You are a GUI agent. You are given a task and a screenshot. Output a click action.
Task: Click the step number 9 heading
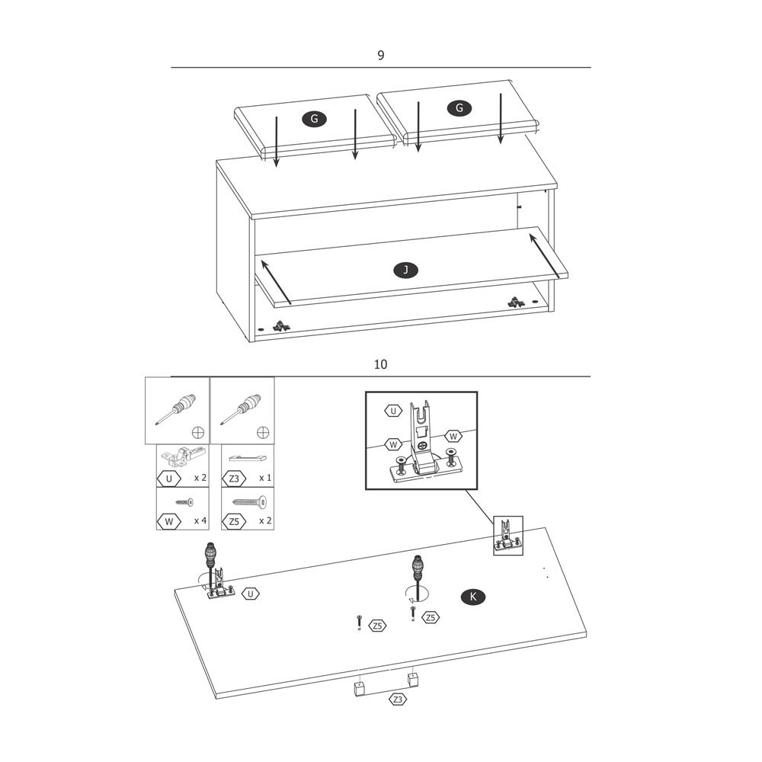pos(380,56)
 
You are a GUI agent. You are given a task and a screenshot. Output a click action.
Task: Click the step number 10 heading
pos(380,364)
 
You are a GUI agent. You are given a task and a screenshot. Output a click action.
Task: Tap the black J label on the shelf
pos(405,271)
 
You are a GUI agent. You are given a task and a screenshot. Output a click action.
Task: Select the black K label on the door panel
pos(473,597)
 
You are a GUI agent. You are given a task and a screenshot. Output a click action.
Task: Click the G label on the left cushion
pos(314,119)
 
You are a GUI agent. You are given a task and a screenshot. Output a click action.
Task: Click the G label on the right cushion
pos(459,108)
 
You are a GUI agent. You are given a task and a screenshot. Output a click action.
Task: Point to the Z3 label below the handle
pos(398,700)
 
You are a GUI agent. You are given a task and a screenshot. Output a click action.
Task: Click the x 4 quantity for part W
pos(200,520)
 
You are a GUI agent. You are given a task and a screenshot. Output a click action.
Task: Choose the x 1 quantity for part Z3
pos(265,478)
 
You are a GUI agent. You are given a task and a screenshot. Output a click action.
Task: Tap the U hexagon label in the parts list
pos(168,479)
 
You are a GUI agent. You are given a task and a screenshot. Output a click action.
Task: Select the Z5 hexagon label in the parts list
pos(234,521)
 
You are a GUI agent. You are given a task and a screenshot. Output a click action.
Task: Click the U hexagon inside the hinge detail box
pos(393,411)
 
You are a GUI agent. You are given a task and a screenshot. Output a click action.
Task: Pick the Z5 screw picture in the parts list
pos(250,501)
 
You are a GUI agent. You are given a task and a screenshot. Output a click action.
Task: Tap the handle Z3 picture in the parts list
pos(248,458)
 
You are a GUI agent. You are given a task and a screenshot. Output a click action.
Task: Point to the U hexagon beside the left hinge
pos(250,594)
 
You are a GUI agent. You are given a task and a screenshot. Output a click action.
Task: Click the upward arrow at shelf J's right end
pos(544,257)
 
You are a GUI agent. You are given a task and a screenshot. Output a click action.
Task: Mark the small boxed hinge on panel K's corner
pos(507,536)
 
